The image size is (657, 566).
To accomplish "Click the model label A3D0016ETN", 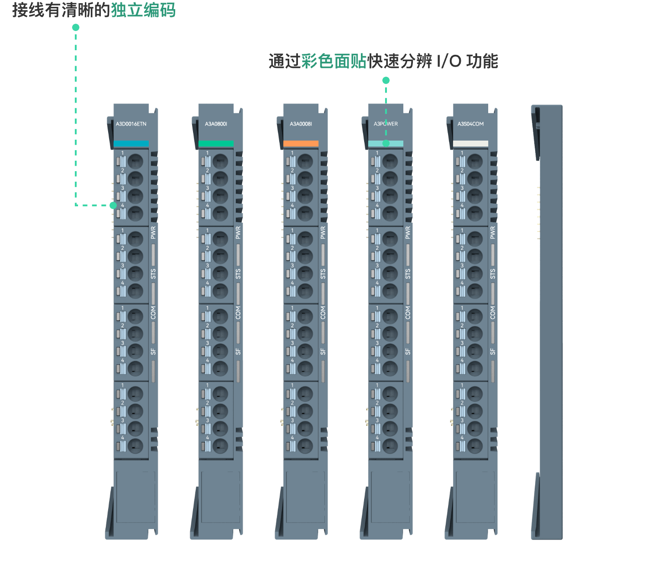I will (131, 124).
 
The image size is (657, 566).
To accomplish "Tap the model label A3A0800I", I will (216, 124).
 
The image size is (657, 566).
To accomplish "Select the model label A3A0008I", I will (301, 124).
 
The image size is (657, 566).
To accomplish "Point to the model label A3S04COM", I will (470, 124).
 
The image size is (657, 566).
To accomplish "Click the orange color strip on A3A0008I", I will (301, 143).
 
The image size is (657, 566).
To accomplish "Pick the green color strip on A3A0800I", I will (216, 143).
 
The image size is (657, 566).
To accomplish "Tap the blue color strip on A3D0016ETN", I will (131, 143).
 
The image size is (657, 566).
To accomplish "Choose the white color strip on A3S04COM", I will (470, 143).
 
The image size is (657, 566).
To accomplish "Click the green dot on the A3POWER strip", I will (386, 143).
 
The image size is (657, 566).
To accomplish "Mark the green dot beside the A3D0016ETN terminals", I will (113, 205).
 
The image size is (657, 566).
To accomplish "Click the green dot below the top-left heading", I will (76, 27).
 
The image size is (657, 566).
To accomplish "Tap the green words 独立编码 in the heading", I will (143, 10).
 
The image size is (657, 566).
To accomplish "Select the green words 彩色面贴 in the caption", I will (334, 61).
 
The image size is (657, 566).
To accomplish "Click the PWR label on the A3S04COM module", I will (493, 232).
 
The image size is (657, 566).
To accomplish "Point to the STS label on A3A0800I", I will (238, 274).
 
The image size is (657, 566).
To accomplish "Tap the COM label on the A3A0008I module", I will (323, 313).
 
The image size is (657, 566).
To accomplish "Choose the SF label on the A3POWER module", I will (408, 351).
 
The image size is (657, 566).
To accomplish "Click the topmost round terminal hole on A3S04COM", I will (474, 161).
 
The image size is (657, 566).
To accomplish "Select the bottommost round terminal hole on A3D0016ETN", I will (135, 445).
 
